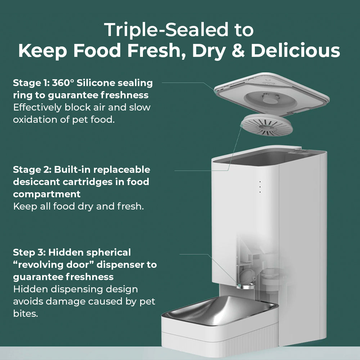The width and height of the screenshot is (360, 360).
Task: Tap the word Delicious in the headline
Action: [295, 50]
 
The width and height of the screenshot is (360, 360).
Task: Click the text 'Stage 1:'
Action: [31, 83]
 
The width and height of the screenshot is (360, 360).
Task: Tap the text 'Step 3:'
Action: [30, 252]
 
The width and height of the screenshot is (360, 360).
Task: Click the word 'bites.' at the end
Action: [26, 314]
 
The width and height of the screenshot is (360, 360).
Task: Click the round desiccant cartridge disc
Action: [267, 125]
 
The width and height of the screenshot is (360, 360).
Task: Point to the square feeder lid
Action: [271, 94]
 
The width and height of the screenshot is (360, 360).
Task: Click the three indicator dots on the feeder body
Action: [260, 186]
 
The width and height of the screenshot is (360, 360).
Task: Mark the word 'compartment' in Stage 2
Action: [47, 194]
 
